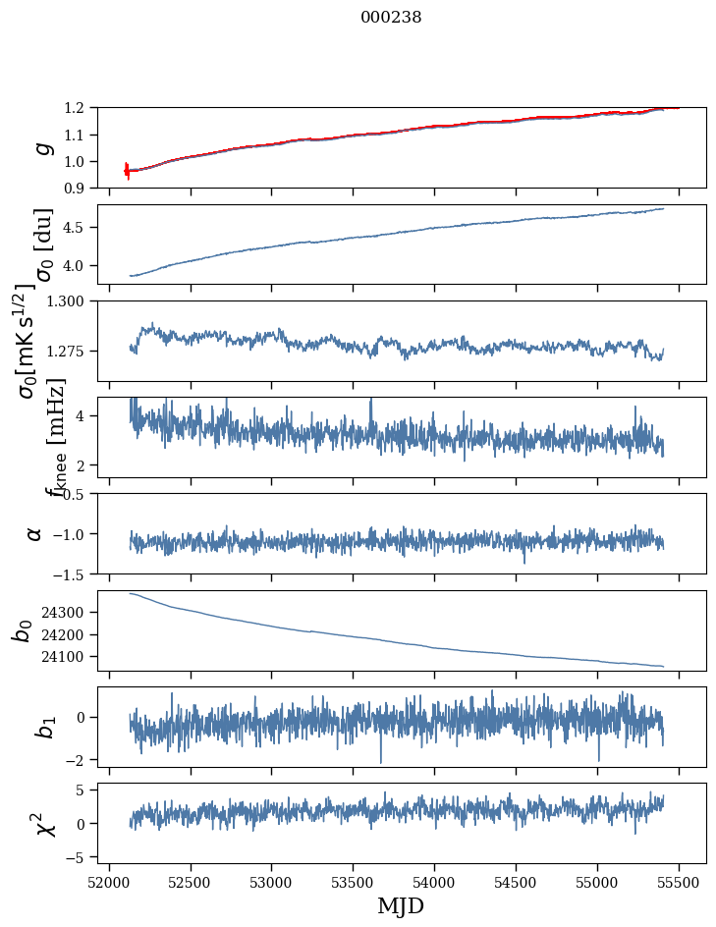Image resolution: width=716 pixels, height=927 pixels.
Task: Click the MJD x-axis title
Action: point(401,906)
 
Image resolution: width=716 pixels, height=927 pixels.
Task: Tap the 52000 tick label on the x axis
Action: point(109,882)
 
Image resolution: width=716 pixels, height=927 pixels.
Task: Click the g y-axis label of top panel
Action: point(42,147)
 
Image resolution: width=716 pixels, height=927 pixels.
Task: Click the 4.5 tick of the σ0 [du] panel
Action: point(80,228)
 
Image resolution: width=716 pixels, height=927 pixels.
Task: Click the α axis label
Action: point(35,533)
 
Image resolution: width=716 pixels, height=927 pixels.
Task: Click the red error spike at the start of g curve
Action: point(127,170)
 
